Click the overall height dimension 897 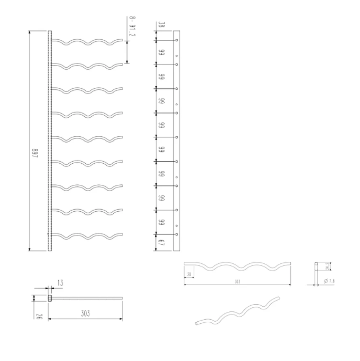click(x=36, y=153)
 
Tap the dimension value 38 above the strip click(x=161, y=24)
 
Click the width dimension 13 click(x=60, y=283)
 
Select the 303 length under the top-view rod click(x=85, y=313)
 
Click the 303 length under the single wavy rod click(x=237, y=282)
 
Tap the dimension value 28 click(x=190, y=274)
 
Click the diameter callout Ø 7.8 click(x=330, y=281)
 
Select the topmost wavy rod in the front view click(x=88, y=41)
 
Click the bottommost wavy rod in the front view click(x=88, y=237)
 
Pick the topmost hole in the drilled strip click(x=177, y=40)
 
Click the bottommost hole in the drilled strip click(x=177, y=235)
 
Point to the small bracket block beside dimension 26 click(x=50, y=298)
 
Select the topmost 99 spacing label click(x=161, y=52)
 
